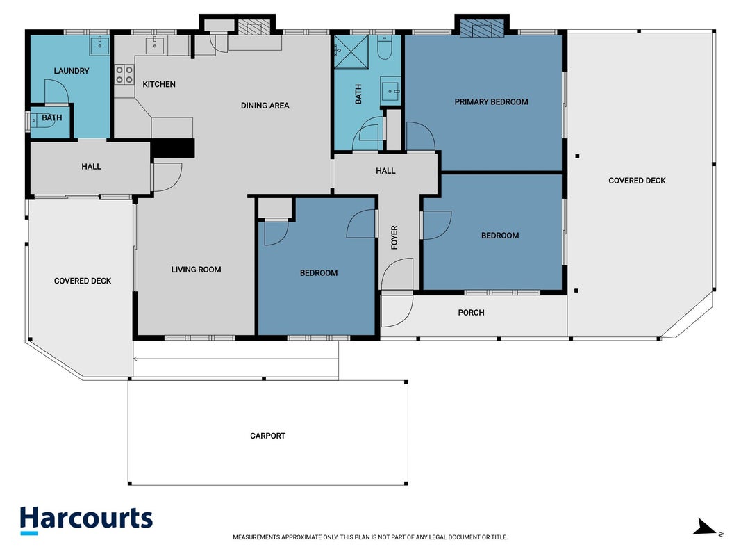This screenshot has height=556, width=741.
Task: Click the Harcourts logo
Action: coord(86,520)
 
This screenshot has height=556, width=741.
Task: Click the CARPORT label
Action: coord(267,436)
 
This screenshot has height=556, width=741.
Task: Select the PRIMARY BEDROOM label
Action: coord(491,101)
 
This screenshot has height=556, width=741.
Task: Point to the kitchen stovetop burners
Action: coord(124,74)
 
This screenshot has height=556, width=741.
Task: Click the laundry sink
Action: coord(100,45)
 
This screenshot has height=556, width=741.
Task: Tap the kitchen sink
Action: coord(155,46)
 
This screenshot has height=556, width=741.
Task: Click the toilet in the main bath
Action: coord(384,48)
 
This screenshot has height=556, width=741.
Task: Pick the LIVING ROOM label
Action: coord(196,270)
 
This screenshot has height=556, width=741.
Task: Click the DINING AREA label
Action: coord(265,106)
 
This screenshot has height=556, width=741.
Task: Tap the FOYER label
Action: coord(394,237)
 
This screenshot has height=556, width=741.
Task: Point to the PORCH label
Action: coord(471,313)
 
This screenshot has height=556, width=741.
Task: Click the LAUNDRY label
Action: coord(72,71)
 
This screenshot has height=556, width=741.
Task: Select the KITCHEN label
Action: coord(159,84)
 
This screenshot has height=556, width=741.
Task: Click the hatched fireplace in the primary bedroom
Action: coord(483,28)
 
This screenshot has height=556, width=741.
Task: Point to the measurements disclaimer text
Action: coord(370,537)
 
